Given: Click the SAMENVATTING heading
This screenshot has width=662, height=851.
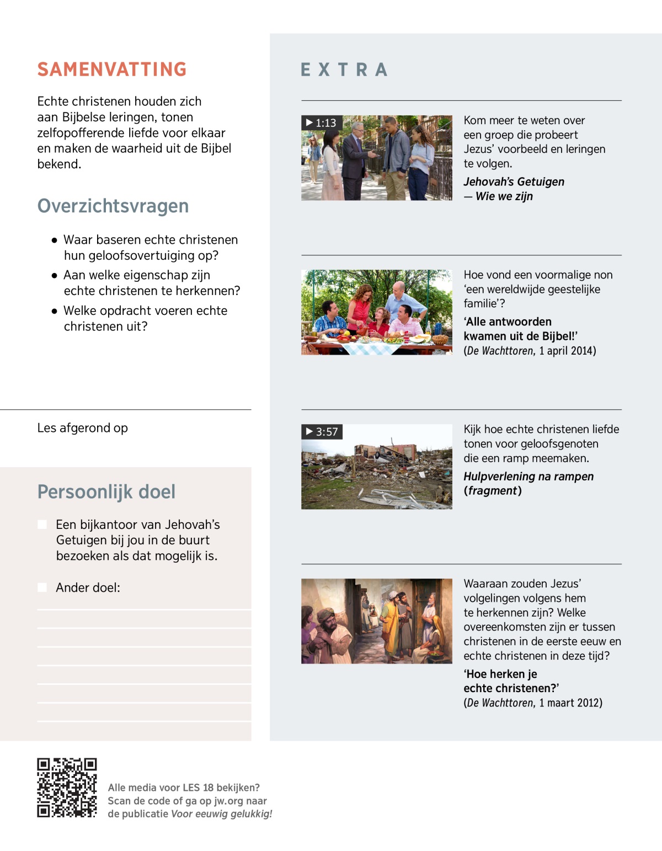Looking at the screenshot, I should pos(112,69).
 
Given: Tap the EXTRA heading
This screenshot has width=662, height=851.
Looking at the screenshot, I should pos(344,70).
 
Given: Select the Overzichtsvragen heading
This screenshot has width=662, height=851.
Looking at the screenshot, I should pos(113,206).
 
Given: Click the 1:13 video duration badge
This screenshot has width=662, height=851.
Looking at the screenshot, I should pos(322,122).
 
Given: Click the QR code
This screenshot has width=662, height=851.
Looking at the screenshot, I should pos(67,788).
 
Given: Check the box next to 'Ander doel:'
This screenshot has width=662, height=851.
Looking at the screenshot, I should pos(42,587).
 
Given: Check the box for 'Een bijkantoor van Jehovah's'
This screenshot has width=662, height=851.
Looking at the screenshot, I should pos(42,524).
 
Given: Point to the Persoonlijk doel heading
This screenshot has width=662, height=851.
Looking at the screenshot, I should pos(106,491).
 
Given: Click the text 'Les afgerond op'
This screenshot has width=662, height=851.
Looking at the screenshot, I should pos(83,428).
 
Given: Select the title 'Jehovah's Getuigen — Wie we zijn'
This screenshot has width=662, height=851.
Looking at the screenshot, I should pos(514,189).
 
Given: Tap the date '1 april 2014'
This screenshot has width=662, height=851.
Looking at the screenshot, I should pos(567,351).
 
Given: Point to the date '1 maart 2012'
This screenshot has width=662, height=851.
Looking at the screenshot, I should pos(570,703).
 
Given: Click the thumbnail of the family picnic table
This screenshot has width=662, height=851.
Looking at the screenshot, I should pos(377,312).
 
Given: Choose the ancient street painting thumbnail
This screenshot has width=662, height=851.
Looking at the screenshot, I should pos(377,621).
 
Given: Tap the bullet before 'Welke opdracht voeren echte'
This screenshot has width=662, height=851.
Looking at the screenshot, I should pos(54,311).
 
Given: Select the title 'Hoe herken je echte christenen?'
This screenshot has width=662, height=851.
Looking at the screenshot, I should pos(511,681).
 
